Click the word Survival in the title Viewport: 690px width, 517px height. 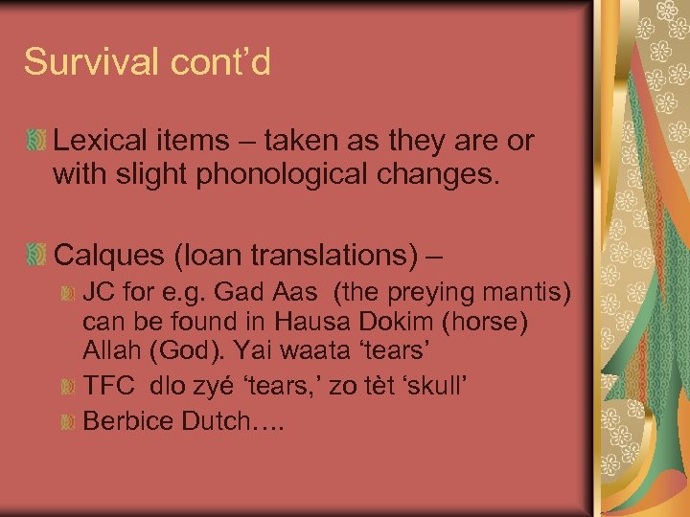[x=81, y=62]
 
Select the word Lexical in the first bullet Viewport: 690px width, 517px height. [x=100, y=142]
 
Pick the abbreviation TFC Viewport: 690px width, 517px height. [x=107, y=387]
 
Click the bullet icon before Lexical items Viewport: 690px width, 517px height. [x=35, y=143]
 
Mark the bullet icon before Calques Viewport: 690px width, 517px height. [x=35, y=255]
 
